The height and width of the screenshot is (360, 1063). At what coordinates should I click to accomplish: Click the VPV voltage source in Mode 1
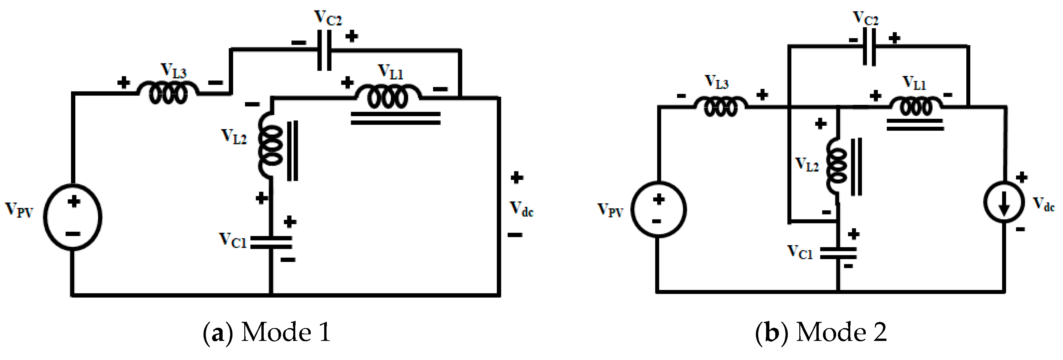tap(73, 217)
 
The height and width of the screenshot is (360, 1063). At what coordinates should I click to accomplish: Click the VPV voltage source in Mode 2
tap(659, 209)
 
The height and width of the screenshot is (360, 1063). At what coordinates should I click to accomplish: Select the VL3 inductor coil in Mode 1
tap(168, 93)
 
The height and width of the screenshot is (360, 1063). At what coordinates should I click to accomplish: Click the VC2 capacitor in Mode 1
tap(324, 50)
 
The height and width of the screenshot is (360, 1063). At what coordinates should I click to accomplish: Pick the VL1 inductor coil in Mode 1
tap(388, 96)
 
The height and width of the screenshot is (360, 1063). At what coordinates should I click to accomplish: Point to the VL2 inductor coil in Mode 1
tap(270, 146)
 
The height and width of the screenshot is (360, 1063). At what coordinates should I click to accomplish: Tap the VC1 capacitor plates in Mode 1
tap(271, 242)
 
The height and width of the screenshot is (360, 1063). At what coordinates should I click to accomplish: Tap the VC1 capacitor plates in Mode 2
tap(838, 253)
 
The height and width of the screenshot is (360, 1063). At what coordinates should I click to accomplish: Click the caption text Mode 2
tap(841, 332)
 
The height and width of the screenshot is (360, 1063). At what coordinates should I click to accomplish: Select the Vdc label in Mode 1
tap(521, 209)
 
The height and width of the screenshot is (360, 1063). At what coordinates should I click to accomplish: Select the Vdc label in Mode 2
tap(1043, 204)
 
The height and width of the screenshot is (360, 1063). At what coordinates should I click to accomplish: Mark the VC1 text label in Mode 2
tap(800, 252)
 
